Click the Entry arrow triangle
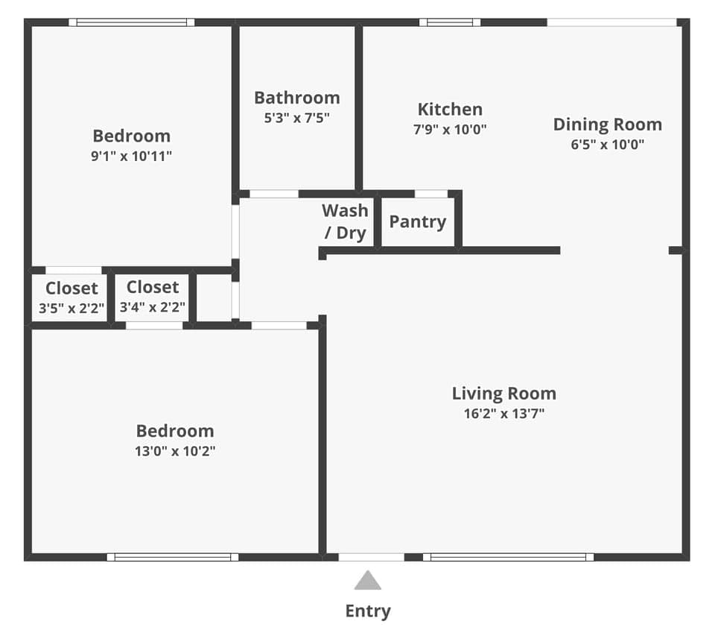coord(367,582)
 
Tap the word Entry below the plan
coord(367,611)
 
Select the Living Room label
coord(503,394)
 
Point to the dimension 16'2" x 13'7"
coord(503,414)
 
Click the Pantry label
coord(417,221)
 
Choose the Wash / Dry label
coord(345,221)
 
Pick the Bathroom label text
coord(296,98)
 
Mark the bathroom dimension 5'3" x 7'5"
coord(296,117)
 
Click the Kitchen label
coord(449,110)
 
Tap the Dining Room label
coord(607,124)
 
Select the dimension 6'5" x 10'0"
coord(607,145)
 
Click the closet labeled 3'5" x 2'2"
coord(71,297)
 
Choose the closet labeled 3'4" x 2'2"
coord(153,296)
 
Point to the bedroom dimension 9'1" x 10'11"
coord(131,156)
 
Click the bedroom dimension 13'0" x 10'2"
coord(176,451)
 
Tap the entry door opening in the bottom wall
coord(371,557)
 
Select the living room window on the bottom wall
coord(509,557)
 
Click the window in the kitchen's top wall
coord(449,22)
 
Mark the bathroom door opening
coord(273,194)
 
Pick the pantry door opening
coord(430,194)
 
